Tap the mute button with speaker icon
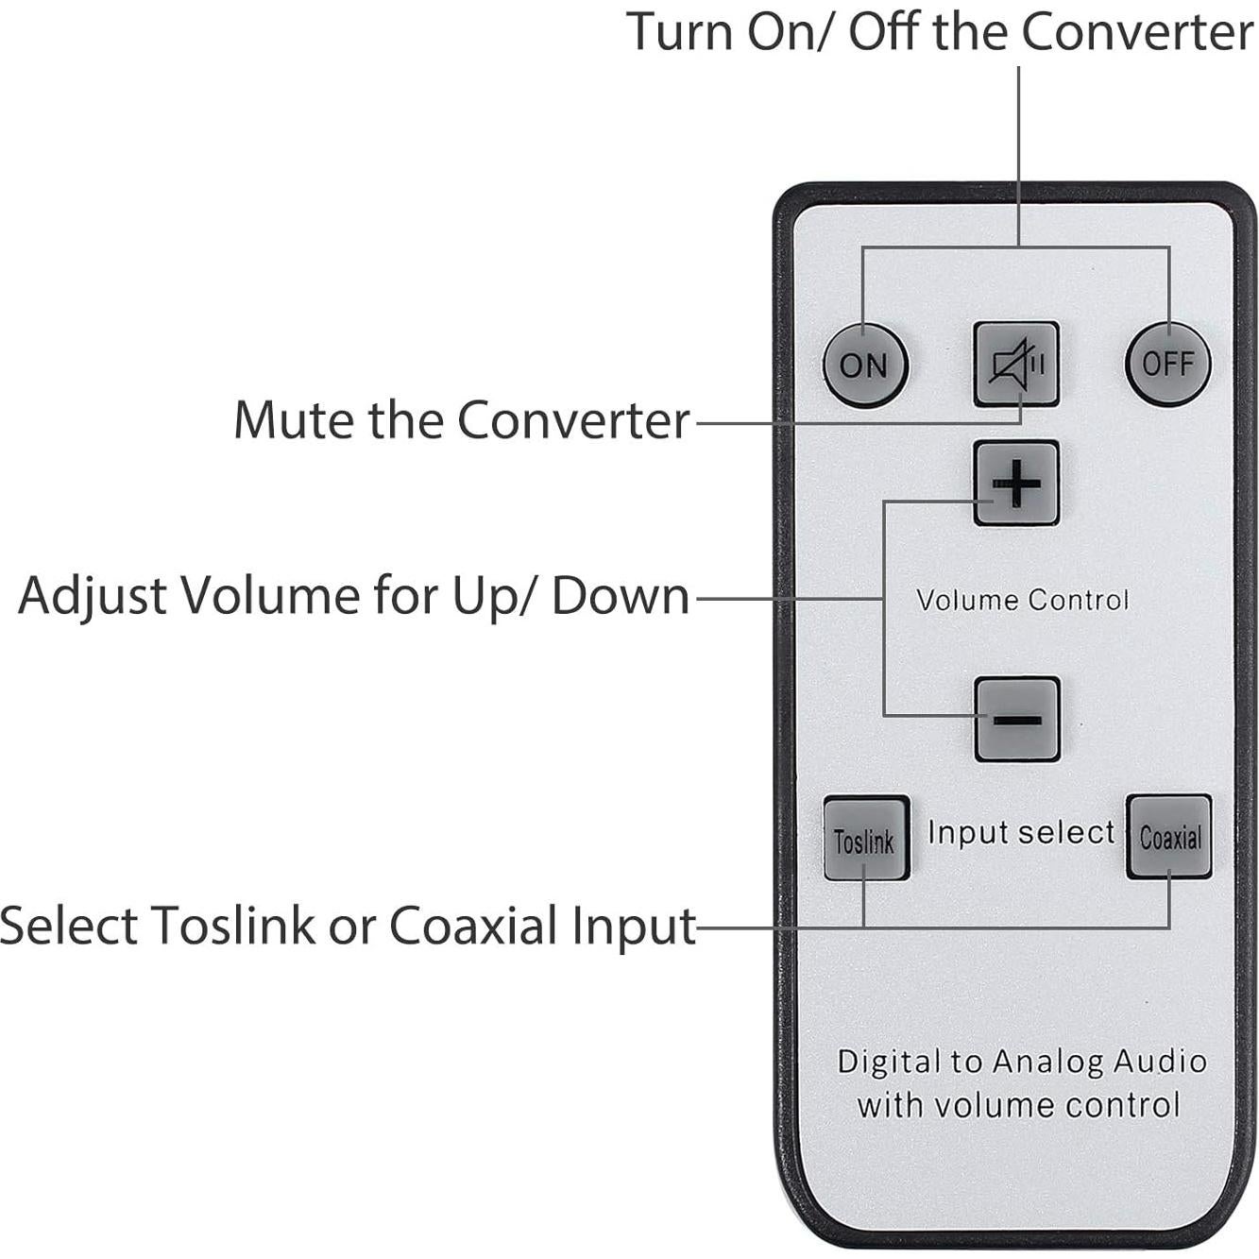(x=1016, y=364)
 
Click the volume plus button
(x=1016, y=484)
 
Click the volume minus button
(x=1017, y=720)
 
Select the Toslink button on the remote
(x=865, y=839)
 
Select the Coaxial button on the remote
(x=1169, y=837)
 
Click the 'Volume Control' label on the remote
(x=1022, y=601)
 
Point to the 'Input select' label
(x=1021, y=832)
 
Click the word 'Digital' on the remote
(x=890, y=1062)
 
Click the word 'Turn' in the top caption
(x=682, y=32)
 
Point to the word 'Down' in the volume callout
(x=621, y=596)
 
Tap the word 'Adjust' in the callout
(x=93, y=596)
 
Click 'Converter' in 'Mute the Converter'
(x=573, y=420)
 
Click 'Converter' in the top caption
(x=1137, y=32)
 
